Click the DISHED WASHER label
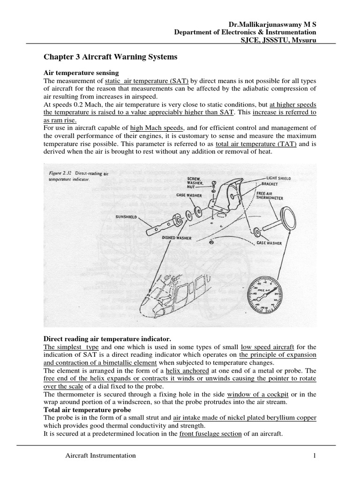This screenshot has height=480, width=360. pyautogui.click(x=176, y=238)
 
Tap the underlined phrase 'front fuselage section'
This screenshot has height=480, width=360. pyautogui.click(x=210, y=434)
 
